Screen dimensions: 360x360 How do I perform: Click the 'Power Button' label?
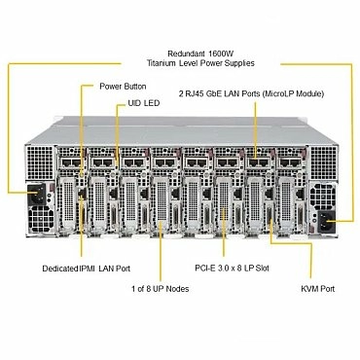(x=124, y=87)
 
